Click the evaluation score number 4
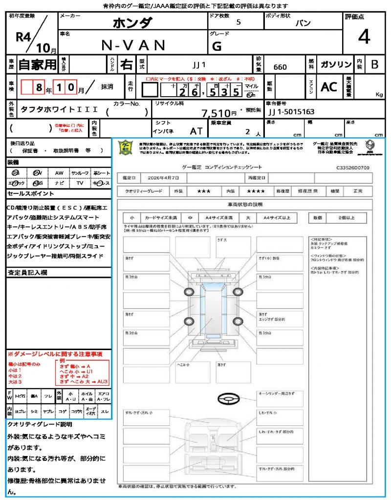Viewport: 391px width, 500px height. pos(363,37)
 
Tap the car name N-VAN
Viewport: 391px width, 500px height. pos(133,45)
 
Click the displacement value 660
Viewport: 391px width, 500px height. pos(280,67)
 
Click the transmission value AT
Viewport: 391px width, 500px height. pos(196,131)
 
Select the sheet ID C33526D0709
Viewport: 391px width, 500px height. pos(352,167)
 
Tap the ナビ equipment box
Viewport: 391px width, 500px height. pos(60,183)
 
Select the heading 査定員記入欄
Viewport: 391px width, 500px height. pos(27,272)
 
